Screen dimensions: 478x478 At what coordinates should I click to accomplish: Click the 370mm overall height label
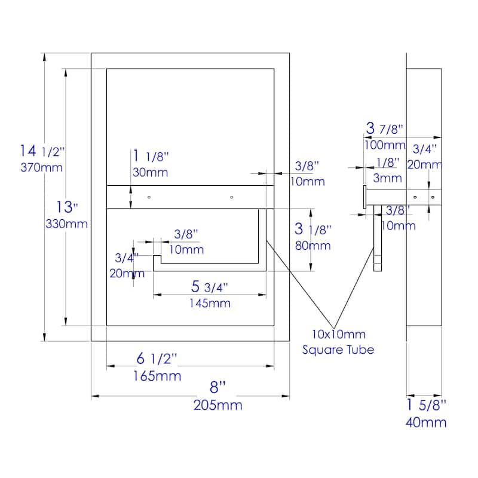pos(41,167)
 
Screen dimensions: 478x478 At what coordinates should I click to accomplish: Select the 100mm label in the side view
pos(385,145)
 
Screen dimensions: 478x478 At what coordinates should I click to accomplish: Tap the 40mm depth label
pos(426,422)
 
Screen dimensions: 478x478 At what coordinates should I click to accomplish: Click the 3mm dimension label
pos(388,177)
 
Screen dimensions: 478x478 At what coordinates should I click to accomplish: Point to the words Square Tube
pos(338,350)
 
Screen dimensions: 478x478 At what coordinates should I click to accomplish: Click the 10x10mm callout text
pos(338,335)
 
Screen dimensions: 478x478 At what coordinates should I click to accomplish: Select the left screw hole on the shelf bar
pos(149,197)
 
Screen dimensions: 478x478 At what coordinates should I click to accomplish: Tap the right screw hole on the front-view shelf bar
pos(231,197)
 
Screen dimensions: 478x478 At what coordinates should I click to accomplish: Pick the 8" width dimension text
pos(218,387)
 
